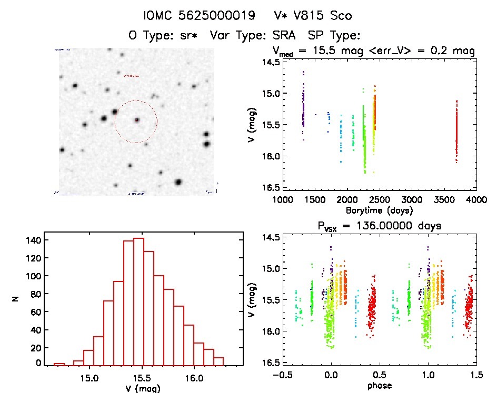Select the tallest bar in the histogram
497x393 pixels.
pyautogui.click(x=139, y=301)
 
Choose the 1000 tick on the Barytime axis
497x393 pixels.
pyautogui.click(x=283, y=200)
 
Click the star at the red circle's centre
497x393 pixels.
pyautogui.click(x=136, y=120)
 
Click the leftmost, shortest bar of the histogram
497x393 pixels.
pyautogui.click(x=59, y=364)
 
